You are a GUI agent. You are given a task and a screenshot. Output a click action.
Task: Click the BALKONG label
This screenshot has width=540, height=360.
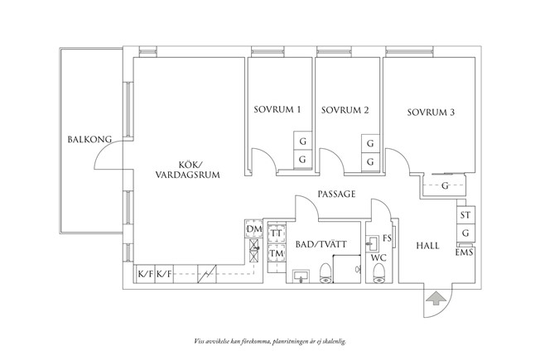point(89,139)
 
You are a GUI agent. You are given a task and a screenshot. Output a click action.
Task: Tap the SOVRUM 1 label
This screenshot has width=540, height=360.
point(277,110)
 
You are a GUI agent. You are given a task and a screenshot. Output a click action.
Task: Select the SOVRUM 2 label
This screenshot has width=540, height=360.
point(345,110)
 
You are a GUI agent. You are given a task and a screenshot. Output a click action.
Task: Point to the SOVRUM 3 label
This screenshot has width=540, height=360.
point(431,113)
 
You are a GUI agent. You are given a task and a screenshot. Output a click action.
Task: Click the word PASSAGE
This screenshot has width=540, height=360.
point(336,194)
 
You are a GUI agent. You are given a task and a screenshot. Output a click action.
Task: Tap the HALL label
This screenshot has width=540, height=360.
point(427,246)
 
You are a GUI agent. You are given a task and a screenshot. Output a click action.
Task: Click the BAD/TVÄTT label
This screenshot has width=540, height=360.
point(321,244)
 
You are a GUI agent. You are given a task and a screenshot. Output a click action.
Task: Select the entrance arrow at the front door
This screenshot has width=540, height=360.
point(435,298)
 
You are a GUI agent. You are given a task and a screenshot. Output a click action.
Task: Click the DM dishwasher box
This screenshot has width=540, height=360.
point(254,229)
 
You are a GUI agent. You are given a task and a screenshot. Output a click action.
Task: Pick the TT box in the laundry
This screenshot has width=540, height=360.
point(277,233)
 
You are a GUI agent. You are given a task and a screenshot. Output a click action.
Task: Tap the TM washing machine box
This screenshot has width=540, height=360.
point(277,253)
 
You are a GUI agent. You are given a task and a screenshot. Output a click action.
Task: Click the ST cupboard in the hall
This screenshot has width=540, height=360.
point(465,215)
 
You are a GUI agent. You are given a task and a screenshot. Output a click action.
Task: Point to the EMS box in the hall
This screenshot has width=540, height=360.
point(465,252)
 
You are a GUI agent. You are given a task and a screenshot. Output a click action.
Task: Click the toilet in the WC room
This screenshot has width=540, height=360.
point(379,274)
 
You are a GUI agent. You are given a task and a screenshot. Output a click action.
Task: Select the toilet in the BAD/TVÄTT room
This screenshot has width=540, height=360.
point(325,274)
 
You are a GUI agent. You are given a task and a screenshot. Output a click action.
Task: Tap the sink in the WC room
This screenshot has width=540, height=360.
point(372,242)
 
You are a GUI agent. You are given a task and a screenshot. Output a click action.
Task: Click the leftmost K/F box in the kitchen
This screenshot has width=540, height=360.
point(146,274)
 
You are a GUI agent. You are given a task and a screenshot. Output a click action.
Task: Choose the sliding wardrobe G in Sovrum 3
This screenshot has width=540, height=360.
point(444,186)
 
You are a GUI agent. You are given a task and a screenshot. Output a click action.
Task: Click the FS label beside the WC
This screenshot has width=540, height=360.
point(387,238)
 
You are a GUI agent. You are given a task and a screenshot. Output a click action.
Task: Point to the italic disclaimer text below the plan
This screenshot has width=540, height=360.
point(270,342)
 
